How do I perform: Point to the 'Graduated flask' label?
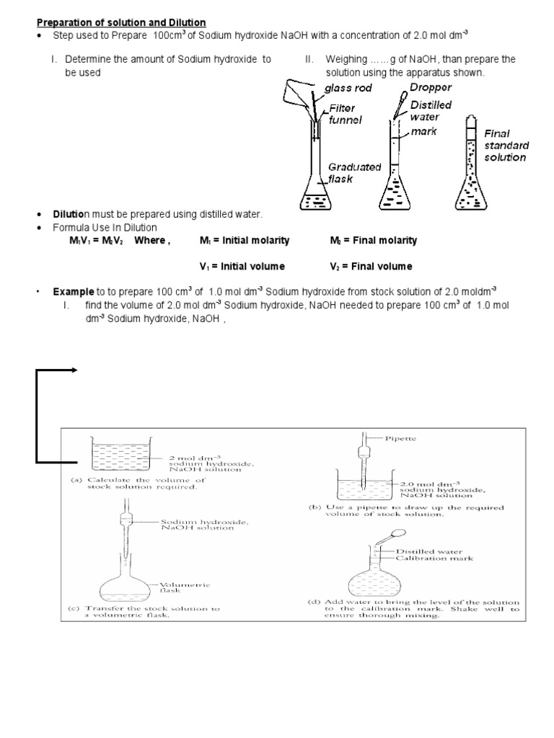click(x=353, y=172)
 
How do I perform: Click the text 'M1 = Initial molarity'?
click(x=245, y=241)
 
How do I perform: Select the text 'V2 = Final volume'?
click(x=371, y=267)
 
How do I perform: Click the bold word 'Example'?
click(x=72, y=292)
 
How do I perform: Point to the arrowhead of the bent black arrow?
click(x=74, y=370)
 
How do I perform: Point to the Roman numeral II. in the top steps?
click(x=309, y=60)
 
